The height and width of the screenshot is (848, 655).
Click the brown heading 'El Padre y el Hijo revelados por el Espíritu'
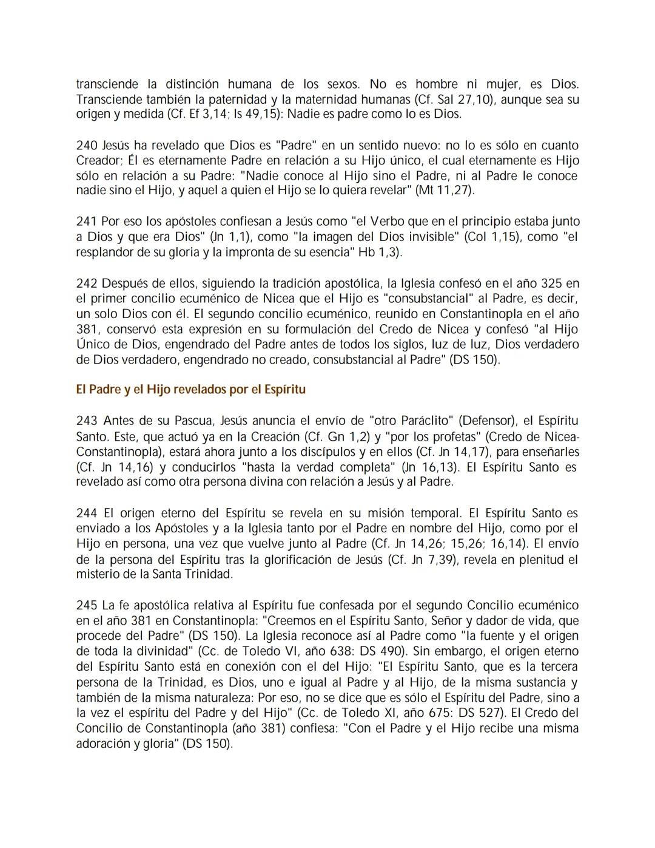click(x=190, y=390)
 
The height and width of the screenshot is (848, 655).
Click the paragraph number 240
click(x=86, y=146)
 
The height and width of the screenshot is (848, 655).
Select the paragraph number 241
click(x=86, y=222)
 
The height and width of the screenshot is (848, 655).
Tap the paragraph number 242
click(x=86, y=283)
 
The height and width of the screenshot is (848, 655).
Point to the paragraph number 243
click(x=86, y=421)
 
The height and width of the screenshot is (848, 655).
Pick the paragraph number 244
click(x=86, y=514)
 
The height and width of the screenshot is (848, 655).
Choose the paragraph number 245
click(x=86, y=606)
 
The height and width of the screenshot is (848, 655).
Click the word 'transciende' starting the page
click(x=106, y=84)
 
